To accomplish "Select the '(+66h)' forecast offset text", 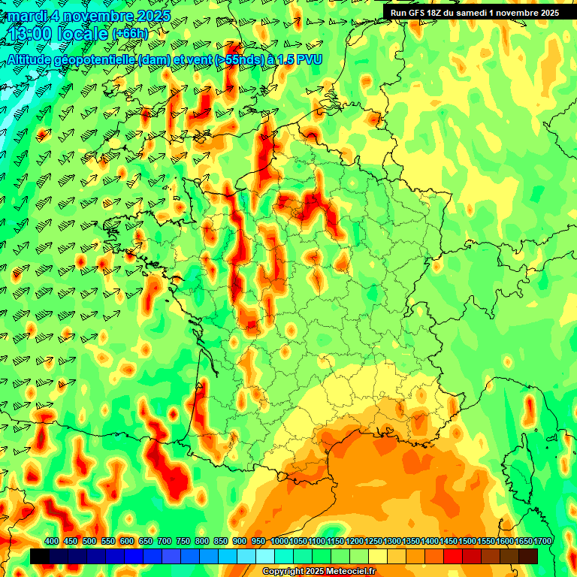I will coord(131,34).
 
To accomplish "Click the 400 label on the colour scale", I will coord(52,541).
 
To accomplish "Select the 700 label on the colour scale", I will coord(165,541).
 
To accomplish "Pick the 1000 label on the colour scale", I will coord(279,541).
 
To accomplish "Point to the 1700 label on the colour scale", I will coord(542,541).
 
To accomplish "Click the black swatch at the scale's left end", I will coord(40,556).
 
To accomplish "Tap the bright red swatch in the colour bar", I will coord(453,556).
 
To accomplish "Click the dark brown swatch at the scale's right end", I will coord(528,556).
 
